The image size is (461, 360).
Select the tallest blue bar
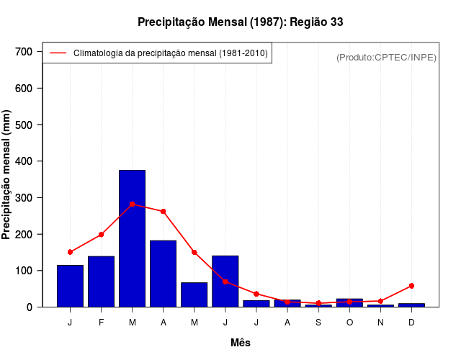point(133,238)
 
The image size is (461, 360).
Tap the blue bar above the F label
point(102,282)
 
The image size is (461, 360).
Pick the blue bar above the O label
point(349,302)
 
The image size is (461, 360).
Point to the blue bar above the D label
point(411,305)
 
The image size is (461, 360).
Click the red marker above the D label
point(411,286)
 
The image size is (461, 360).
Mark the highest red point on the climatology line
point(133,204)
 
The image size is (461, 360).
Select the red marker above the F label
point(102,235)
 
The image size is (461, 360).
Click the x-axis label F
point(102,322)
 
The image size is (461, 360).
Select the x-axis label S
point(318,322)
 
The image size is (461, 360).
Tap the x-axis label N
point(380,322)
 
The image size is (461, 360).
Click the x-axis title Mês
point(240,343)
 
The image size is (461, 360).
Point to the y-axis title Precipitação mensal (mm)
point(7,174)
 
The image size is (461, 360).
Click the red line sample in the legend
point(58,53)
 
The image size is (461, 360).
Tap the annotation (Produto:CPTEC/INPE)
point(386,57)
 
